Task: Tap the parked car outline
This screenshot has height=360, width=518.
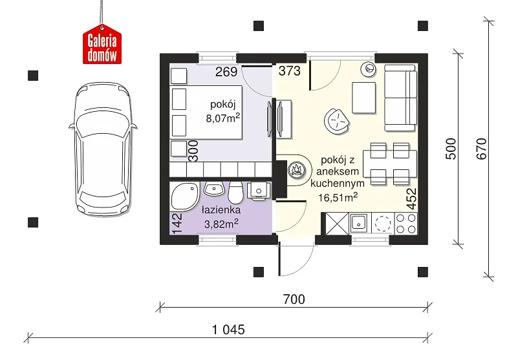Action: tap(103, 149)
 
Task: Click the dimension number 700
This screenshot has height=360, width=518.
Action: tap(294, 299)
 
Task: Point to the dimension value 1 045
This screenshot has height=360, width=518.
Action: tap(228, 330)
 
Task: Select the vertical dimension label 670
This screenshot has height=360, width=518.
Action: tap(482, 149)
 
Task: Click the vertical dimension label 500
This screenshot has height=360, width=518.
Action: tap(451, 149)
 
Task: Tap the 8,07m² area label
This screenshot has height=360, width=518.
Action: tap(222, 118)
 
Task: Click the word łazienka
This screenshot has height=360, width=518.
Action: tap(221, 210)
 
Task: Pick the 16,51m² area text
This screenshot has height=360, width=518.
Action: tap(338, 197)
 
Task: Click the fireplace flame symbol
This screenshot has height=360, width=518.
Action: tap(295, 170)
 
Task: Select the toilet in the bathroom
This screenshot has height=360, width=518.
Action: tap(235, 192)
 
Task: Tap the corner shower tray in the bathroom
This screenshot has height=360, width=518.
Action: tap(184, 196)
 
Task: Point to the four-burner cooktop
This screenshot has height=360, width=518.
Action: tap(406, 224)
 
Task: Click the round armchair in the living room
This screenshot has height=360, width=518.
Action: tap(337, 122)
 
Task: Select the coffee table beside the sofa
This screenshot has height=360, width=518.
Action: tap(363, 98)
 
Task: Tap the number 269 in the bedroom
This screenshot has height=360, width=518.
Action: tap(226, 72)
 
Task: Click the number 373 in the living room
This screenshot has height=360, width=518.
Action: tap(289, 71)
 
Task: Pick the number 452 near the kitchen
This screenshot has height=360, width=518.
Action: tap(412, 199)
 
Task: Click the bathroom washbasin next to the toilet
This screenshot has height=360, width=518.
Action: tap(215, 189)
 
